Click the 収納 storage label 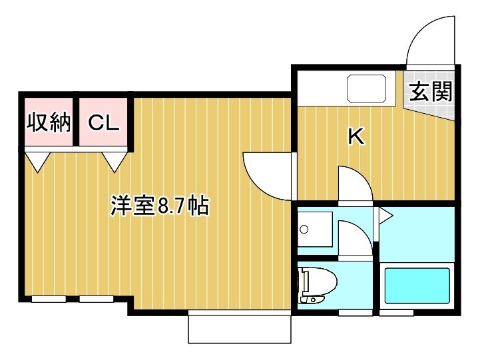click(49, 122)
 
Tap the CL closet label click(103, 123)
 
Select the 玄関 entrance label click(431, 91)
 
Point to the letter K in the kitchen click(357, 136)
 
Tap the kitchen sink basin click(366, 88)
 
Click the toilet click(318, 285)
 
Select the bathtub click(417, 285)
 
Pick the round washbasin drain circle click(304, 229)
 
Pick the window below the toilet click(355, 313)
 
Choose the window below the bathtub click(396, 313)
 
